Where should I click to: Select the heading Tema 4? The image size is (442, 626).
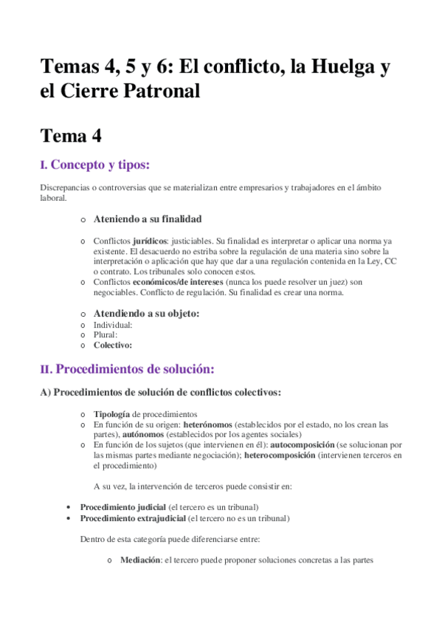coord(71,136)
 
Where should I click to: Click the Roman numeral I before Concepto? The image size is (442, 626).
coord(44,165)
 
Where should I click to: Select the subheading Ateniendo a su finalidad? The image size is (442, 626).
coord(148,219)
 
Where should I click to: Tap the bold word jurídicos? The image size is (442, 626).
coord(149,241)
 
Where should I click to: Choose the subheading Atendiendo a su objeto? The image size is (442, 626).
coord(146,313)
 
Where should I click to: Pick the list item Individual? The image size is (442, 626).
coord(113,325)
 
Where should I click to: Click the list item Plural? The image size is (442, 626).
coord(106,334)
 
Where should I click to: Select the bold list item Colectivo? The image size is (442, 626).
coord(113,345)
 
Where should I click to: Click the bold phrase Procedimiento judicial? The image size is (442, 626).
coord(123,507)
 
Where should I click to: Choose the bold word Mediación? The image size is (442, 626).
coord(140,560)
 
